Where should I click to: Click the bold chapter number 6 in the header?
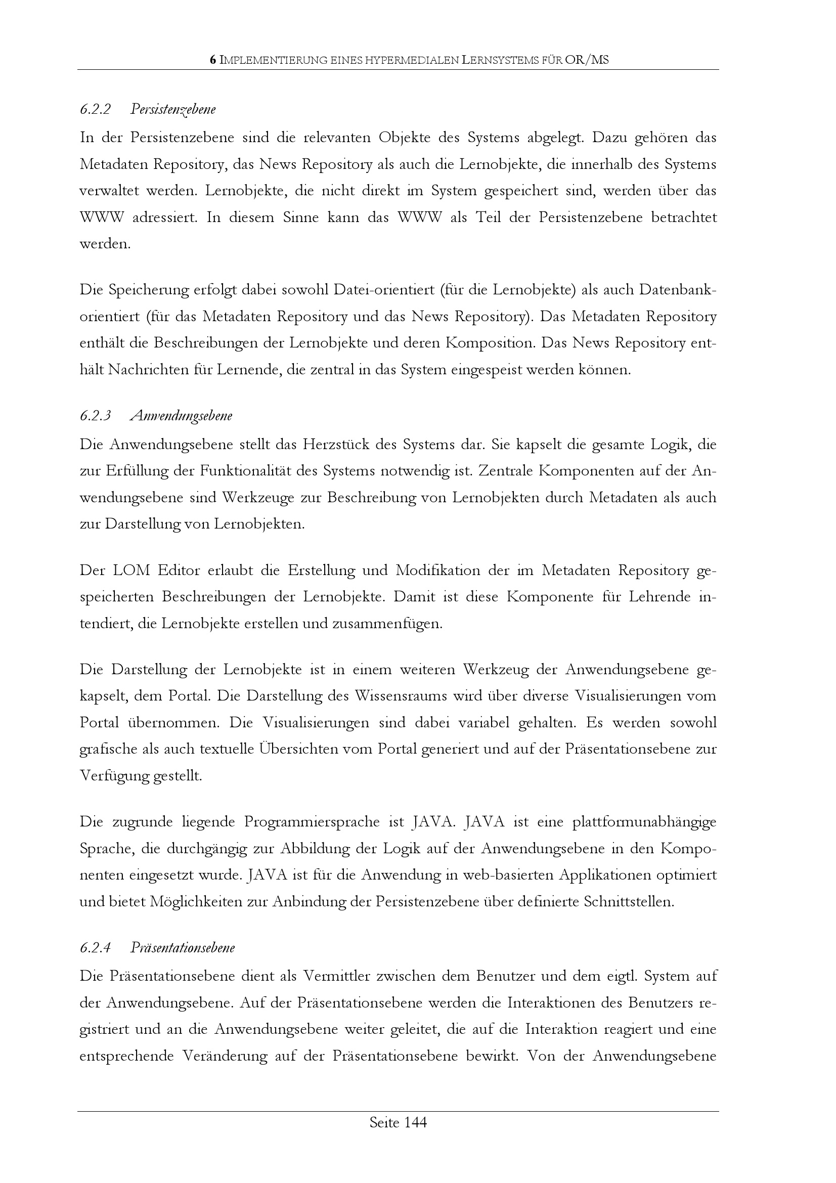pyautogui.click(x=213, y=60)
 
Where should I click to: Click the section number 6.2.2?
pyautogui.click(x=95, y=109)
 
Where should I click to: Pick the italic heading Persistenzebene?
pyautogui.click(x=173, y=109)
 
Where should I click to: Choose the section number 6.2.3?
pyautogui.click(x=95, y=416)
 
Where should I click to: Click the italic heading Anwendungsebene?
pyautogui.click(x=182, y=416)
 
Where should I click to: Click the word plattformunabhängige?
pyautogui.click(x=644, y=822)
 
